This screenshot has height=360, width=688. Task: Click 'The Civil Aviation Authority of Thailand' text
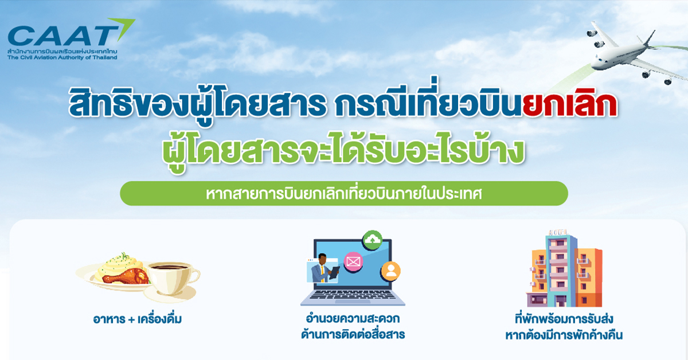pyautogui.click(x=62, y=57)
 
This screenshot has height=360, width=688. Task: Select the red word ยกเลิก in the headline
pyautogui.click(x=570, y=105)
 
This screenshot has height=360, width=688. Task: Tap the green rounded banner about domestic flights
pyautogui.click(x=344, y=194)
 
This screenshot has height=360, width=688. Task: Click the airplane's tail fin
pyautogui.click(x=650, y=38)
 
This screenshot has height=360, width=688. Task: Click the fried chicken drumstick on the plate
pyautogui.click(x=126, y=276)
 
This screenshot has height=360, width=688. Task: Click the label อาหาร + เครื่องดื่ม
pyautogui.click(x=137, y=319)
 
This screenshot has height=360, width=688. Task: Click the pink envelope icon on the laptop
pyautogui.click(x=353, y=262)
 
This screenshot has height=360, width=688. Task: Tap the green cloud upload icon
pyautogui.click(x=372, y=240)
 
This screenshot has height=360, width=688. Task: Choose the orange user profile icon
pyautogui.click(x=390, y=271)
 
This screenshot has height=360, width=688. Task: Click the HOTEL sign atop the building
pyautogui.click(x=558, y=233)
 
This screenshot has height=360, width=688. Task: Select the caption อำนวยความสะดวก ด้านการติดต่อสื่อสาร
pyautogui.click(x=353, y=326)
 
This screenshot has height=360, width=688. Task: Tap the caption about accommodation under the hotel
pyautogui.click(x=564, y=327)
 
